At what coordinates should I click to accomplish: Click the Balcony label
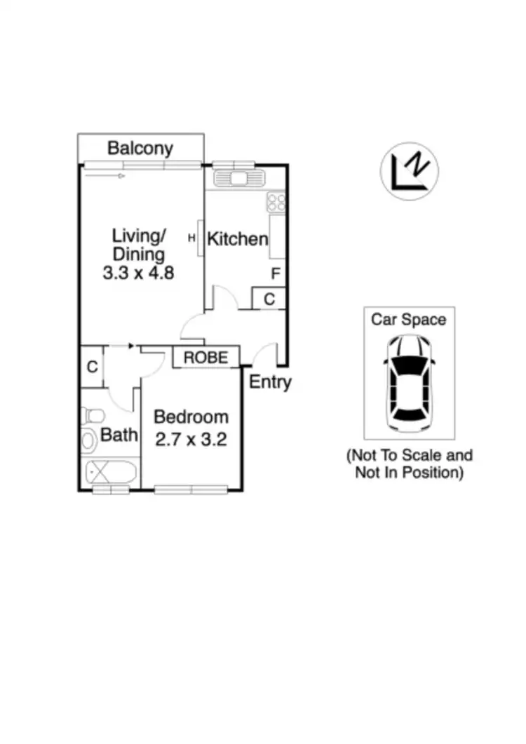click(x=140, y=149)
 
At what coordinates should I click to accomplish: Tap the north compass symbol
click(x=410, y=173)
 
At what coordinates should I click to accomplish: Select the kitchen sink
click(x=239, y=178)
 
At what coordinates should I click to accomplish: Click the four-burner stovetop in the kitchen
click(x=276, y=202)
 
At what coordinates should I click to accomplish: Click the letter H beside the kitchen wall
click(x=191, y=238)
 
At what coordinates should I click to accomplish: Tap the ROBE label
click(x=205, y=358)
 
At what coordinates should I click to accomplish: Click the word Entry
click(x=270, y=383)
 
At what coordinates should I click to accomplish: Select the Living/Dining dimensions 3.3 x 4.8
click(x=138, y=273)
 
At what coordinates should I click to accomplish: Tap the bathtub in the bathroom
click(x=109, y=473)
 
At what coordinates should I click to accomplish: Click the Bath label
click(x=119, y=435)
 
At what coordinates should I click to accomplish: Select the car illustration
click(x=408, y=381)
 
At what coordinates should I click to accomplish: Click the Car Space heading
click(x=408, y=320)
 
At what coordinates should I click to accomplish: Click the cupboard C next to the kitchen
click(x=269, y=299)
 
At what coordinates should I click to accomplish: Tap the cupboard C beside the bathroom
click(x=91, y=367)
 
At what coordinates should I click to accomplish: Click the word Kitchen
click(x=237, y=239)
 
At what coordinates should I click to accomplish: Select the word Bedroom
click(x=191, y=417)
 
